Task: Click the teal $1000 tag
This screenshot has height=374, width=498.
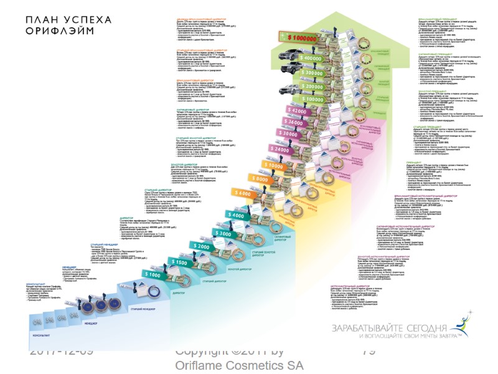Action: pyautogui.click(x=153, y=274)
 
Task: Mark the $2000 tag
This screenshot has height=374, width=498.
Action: pyautogui.click(x=201, y=246)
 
